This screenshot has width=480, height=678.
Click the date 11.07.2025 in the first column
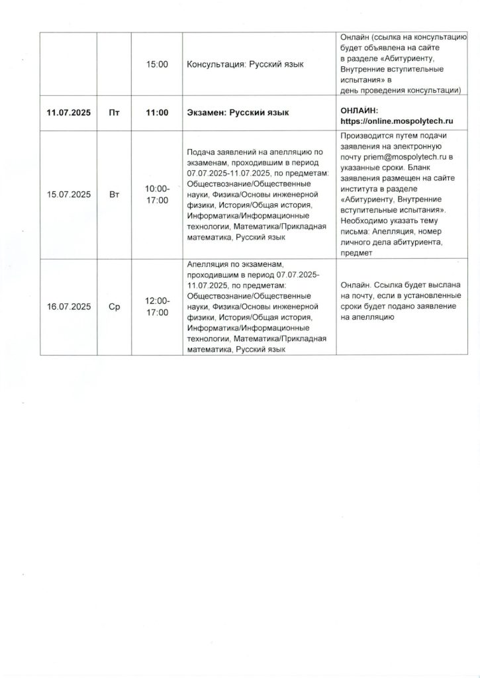point(68,113)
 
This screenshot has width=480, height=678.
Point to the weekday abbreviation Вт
point(114,195)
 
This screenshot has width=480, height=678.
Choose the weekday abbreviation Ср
point(114,307)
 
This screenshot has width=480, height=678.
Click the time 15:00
point(157,64)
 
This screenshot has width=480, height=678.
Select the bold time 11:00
point(157,113)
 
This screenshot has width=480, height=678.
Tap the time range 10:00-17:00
point(157,195)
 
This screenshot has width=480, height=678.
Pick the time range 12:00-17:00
point(157,307)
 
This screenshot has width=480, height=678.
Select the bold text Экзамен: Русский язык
point(238,113)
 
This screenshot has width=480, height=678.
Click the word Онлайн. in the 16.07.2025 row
point(356,285)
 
